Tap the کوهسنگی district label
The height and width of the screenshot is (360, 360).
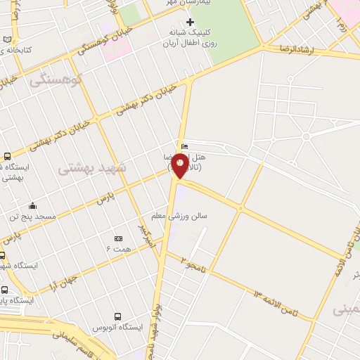point(56,79)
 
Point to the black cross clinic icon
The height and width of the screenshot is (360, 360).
point(190,22)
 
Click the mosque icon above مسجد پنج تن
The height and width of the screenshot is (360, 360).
point(32,206)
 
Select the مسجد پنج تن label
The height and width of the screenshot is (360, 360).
point(32,218)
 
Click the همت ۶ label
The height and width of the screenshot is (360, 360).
point(118,250)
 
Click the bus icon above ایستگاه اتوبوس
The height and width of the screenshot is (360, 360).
point(118,316)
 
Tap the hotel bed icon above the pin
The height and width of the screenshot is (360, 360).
point(184,146)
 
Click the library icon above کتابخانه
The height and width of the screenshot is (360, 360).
point(7,39)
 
